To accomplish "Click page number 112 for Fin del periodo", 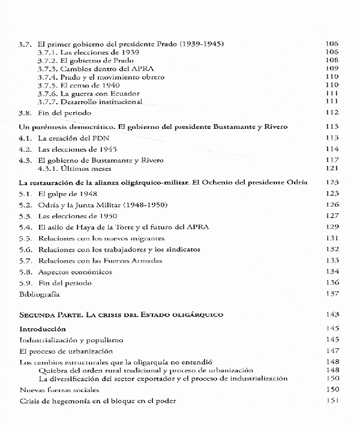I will [x=332, y=113].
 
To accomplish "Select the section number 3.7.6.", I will [x=48, y=94].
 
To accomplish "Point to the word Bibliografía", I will [x=41, y=294].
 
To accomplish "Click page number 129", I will [x=332, y=227].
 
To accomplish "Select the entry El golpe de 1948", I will [x=67, y=194].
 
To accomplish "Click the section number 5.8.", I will [x=25, y=272].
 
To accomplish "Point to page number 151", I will [x=332, y=400].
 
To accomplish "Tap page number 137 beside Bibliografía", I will [x=332, y=294].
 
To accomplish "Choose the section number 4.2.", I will [x=25, y=149].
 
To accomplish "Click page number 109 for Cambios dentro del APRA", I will [x=332, y=69].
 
